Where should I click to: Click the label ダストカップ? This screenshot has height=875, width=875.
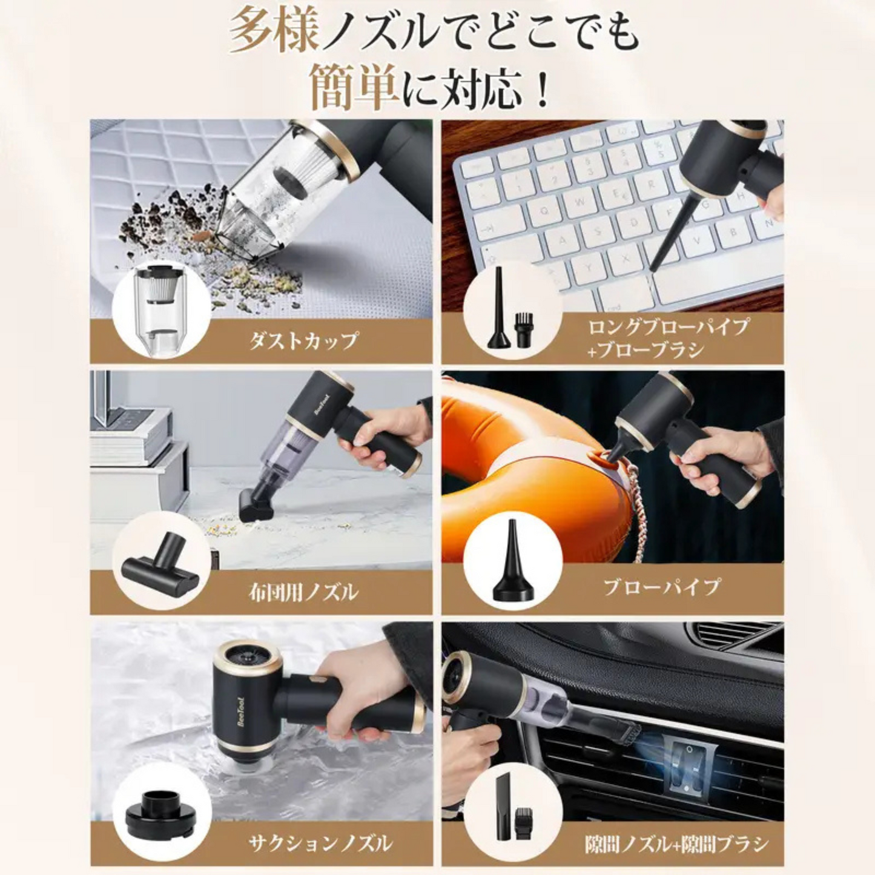303,340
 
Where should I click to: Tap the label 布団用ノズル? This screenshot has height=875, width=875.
303,591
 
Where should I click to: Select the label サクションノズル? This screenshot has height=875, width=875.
320,842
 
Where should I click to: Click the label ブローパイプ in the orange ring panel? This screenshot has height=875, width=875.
661,586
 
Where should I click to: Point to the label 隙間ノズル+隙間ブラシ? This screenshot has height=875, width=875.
676,844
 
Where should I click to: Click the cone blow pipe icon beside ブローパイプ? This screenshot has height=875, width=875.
512,560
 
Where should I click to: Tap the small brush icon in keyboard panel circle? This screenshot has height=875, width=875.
521,330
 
